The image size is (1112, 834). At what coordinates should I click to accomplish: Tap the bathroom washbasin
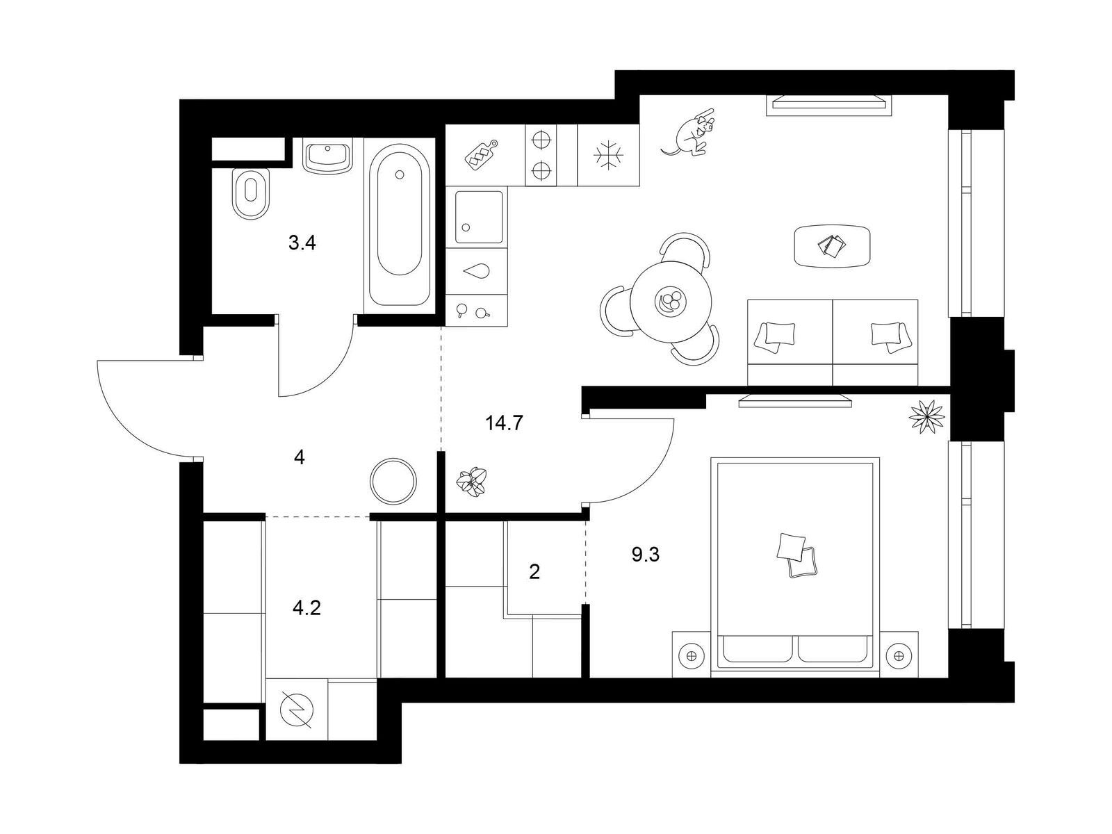coord(328,157)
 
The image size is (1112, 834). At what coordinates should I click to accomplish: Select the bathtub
coord(400,224)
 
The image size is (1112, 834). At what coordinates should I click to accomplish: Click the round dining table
coord(671,302)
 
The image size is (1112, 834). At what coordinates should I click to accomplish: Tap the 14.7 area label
coord(504,423)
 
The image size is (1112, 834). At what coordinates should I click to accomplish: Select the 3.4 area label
coord(302,243)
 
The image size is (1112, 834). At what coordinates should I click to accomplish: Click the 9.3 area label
coord(646,555)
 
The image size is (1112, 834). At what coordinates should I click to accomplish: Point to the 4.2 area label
coord(306,607)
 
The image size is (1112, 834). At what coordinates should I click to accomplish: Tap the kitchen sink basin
coord(479,218)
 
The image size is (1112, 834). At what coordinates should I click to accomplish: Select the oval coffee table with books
coord(833,245)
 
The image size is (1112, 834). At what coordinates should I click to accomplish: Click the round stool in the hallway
coord(393,481)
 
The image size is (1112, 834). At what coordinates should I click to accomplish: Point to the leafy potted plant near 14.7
coord(472,482)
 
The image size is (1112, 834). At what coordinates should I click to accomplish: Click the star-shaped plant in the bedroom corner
coord(926,417)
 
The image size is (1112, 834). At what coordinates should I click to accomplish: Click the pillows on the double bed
coord(796,555)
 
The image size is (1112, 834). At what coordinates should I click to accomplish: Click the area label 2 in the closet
coord(534,572)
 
